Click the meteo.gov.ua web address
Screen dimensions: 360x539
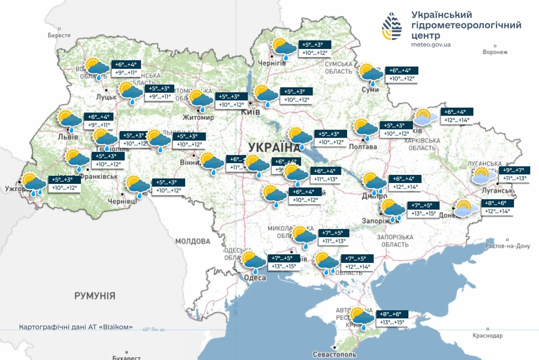click(431, 44)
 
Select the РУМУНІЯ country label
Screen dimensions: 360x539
click(95, 296)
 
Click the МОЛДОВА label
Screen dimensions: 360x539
click(193, 241)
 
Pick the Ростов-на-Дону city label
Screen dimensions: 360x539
click(508, 246)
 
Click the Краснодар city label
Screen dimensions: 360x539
click(487, 336)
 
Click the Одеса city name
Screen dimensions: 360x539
click(255, 278)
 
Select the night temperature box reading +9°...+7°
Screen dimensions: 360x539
click(515, 170)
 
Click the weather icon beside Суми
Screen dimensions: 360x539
click(371, 74)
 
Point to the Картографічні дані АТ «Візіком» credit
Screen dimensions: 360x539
click(76, 327)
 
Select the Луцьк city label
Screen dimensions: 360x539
click(106, 97)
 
